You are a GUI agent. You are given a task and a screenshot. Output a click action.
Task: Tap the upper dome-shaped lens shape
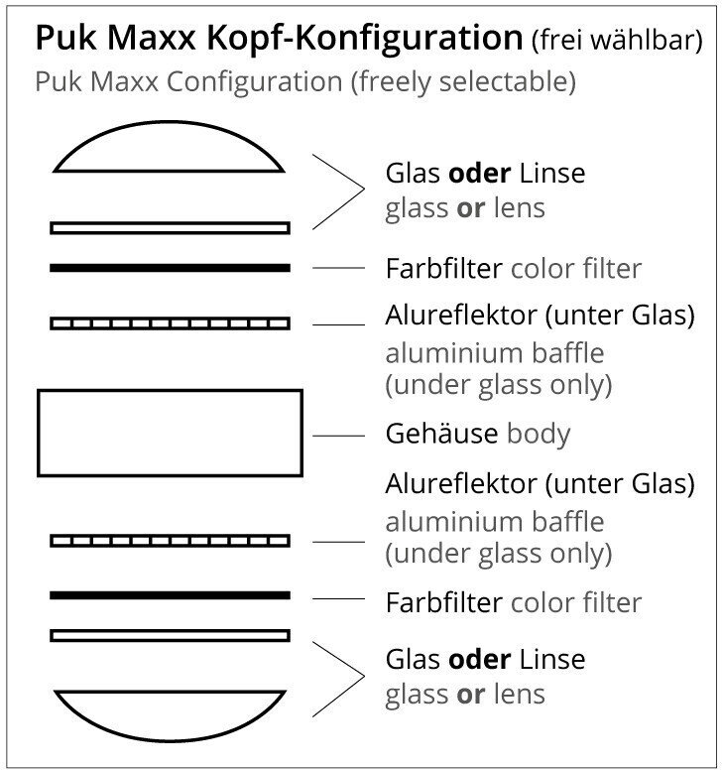[170, 154]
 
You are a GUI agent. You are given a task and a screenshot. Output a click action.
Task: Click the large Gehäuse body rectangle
[170, 433]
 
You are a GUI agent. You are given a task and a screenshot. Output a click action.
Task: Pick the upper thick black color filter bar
[170, 268]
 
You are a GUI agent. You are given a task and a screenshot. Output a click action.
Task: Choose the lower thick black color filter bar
[170, 595]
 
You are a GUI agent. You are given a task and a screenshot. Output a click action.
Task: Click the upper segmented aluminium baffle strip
[170, 323]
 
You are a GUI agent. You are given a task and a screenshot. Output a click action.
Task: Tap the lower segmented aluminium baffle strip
[170, 541]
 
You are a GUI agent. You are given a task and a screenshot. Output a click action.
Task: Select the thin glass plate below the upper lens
[170, 228]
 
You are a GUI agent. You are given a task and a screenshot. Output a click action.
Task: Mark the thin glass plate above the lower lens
[170, 635]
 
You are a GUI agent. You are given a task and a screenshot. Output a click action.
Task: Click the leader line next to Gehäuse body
[339, 435]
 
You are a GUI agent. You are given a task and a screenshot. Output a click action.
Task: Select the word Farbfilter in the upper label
[443, 268]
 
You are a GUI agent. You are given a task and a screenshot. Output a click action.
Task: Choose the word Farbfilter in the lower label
[443, 601]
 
